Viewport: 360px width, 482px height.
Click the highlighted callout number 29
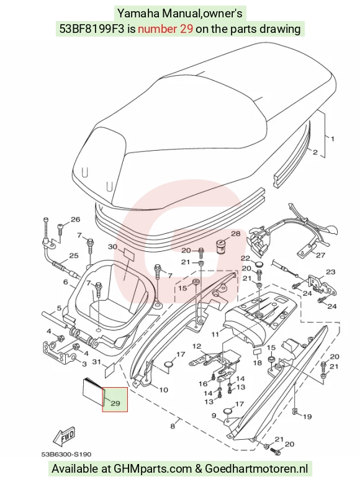tap(115, 403)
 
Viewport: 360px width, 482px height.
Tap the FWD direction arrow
tap(65, 436)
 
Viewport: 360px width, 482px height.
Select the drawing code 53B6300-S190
tap(66, 454)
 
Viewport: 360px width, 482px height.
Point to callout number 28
tap(235, 234)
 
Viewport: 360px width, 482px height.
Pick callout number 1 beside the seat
tap(333, 138)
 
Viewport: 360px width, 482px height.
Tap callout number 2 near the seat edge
tap(315, 152)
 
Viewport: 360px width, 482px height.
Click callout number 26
tap(75, 220)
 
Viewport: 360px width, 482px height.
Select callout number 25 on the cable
tap(73, 256)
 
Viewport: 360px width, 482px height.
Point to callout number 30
tap(113, 246)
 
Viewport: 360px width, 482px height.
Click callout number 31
tap(97, 362)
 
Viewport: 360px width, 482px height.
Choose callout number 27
tap(321, 255)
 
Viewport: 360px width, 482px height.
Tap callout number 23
tap(330, 272)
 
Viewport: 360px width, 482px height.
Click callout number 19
tap(307, 416)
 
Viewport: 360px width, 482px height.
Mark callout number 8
tap(173, 426)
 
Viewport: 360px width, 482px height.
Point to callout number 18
tap(257, 363)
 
